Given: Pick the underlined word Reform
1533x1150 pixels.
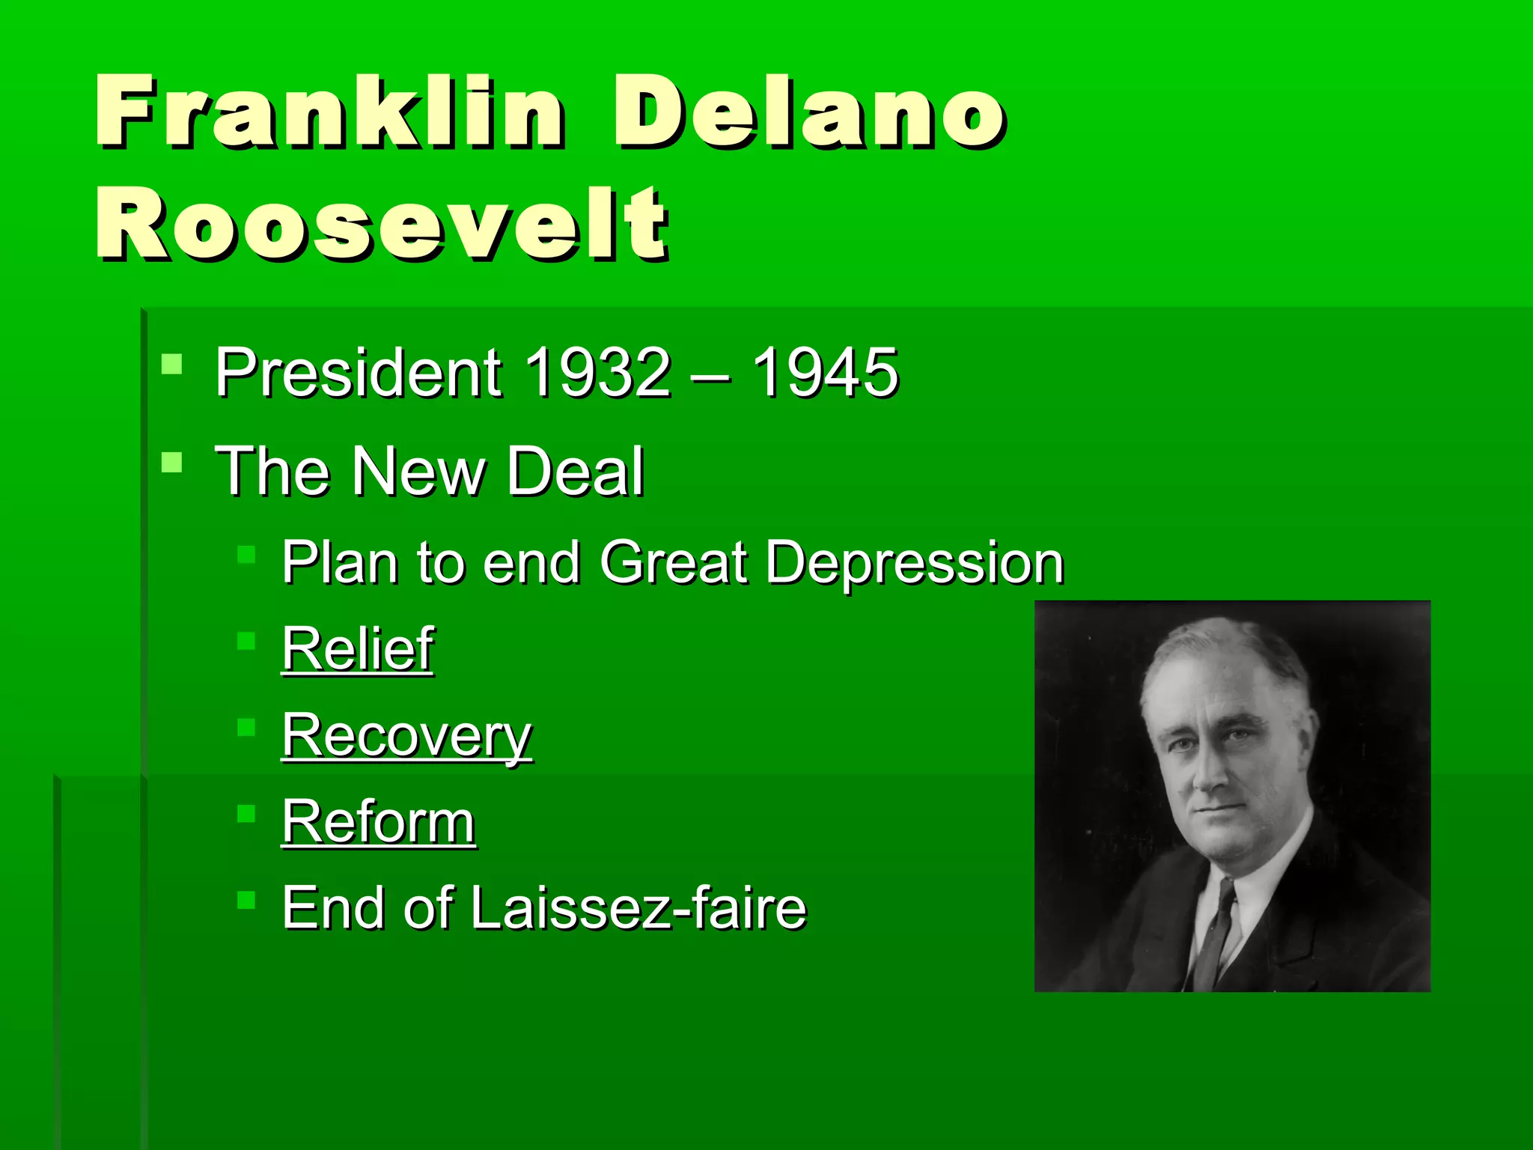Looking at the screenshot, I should [x=378, y=822].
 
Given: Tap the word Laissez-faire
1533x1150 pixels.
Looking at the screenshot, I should [x=639, y=908].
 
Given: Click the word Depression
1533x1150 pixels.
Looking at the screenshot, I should [x=915, y=562].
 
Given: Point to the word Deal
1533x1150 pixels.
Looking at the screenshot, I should [x=575, y=471].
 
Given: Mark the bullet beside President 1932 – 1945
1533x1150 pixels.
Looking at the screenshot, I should [x=171, y=365].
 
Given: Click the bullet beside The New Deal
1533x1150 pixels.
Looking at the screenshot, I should [x=171, y=462].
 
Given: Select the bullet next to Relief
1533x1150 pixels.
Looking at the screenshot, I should [x=246, y=641].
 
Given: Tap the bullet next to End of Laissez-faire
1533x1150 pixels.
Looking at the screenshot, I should [x=246, y=899].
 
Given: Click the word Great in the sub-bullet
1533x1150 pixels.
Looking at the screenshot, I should [x=673, y=562].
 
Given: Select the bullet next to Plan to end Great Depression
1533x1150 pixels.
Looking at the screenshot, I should [x=246, y=555].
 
